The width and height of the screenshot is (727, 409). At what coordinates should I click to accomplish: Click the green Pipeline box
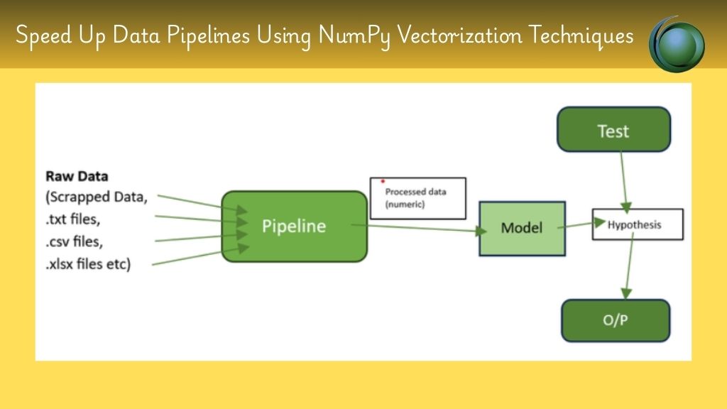click(295, 227)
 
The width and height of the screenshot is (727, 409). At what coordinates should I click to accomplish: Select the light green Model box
click(522, 228)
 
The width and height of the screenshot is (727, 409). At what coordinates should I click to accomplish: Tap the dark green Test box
click(614, 129)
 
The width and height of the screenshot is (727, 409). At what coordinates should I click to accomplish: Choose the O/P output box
click(616, 320)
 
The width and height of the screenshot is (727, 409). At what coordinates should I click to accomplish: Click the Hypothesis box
click(638, 224)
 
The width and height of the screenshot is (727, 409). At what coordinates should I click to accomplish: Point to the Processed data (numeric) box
click(417, 198)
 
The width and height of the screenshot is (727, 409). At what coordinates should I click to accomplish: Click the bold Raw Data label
click(77, 176)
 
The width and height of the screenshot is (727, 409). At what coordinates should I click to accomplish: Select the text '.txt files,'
click(73, 219)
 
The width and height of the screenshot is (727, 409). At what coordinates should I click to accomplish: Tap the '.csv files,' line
click(74, 241)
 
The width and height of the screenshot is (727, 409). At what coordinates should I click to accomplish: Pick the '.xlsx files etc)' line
click(88, 264)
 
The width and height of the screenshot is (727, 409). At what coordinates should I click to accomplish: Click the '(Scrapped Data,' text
click(97, 197)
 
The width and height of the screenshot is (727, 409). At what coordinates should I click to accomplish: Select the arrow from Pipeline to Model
click(419, 228)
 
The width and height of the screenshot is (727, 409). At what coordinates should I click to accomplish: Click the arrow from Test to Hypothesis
click(624, 182)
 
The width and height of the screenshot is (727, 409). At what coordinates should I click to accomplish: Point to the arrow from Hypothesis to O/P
click(629, 266)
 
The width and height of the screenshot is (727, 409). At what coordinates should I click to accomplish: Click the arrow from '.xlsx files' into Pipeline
click(201, 256)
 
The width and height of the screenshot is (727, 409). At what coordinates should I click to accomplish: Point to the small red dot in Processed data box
click(383, 181)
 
